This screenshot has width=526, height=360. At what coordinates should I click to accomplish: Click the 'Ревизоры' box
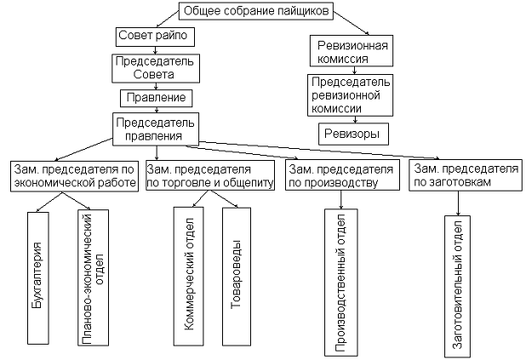(x=352, y=134)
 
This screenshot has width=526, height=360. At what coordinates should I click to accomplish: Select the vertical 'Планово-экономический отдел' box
(x=93, y=277)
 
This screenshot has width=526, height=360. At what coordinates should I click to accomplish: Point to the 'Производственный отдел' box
(x=340, y=281)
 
